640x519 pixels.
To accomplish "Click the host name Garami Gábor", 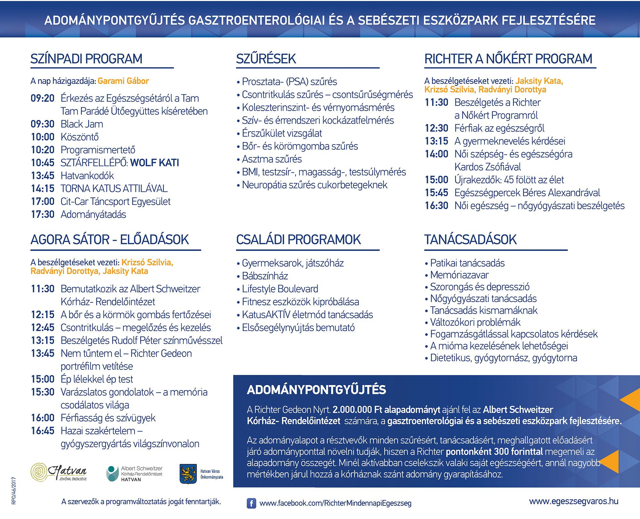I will pos(123,81).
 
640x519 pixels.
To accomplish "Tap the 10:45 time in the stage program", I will pos(43,163).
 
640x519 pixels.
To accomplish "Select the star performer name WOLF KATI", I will pos(155,163).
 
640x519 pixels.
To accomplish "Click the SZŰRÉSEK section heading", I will pos(266,59).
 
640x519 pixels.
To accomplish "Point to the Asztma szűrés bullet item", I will pos(272,159).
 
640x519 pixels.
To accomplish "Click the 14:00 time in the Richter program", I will pos(436,154).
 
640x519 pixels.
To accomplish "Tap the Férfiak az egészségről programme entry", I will pos(499,128).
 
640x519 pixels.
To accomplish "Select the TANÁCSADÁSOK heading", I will pos(470,240).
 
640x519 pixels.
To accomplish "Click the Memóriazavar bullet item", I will pos(459,275).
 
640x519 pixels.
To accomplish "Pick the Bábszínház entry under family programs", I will pos(265,276).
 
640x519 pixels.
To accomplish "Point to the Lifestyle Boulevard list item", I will pos(280,289).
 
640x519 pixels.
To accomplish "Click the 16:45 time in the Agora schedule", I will pos(43,431).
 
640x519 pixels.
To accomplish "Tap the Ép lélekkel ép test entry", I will pos(97,379).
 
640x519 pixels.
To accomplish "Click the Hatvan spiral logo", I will pos(39,472).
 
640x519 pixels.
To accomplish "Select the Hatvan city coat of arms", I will pos(188,474).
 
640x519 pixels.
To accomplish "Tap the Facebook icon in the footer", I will pos(251,503).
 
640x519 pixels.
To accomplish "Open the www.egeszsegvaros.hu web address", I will pos(573,501).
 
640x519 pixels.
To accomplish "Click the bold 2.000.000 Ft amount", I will pos(352,410).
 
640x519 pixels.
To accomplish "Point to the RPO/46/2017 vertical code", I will pos(13,491).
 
